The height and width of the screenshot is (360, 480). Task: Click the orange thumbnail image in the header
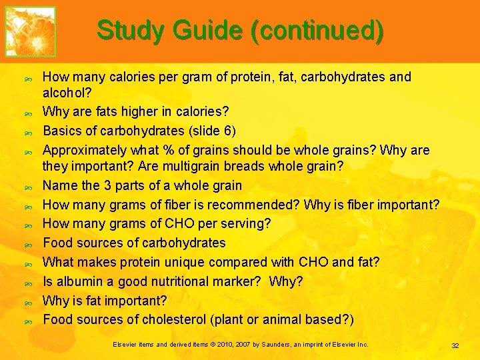click(x=31, y=31)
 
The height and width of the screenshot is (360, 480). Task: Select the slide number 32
click(x=455, y=345)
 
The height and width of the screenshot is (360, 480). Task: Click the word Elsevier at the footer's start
click(x=125, y=345)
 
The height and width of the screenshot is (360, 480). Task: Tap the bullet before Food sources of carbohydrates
click(x=28, y=245)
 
